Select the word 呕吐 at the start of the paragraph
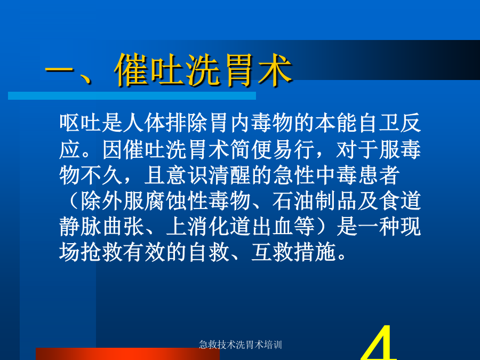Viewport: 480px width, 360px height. pos(80,123)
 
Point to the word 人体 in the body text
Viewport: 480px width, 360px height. pos(144,123)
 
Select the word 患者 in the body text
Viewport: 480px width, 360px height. pos(379,175)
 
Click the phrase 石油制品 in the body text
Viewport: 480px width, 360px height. pos(314,201)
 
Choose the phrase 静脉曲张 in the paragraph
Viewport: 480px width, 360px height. pos(101,227)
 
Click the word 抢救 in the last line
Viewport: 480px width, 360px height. pos(101,253)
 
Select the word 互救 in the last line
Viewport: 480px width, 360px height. pos(273,253)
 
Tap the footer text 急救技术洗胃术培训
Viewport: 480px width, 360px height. pos(241,345)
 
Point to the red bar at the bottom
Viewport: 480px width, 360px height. pos(127,354)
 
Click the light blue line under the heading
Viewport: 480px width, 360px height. pos(132,96)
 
